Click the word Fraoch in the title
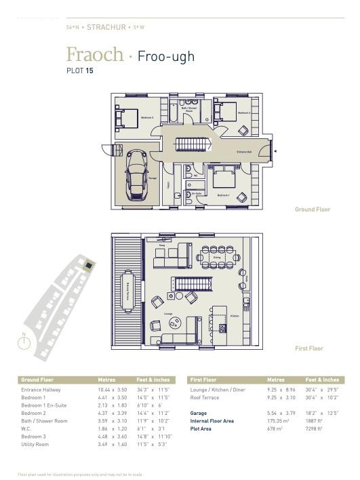point(95,54)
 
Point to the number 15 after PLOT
point(89,71)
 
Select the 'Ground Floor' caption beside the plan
point(312,209)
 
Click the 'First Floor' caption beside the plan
point(308,348)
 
